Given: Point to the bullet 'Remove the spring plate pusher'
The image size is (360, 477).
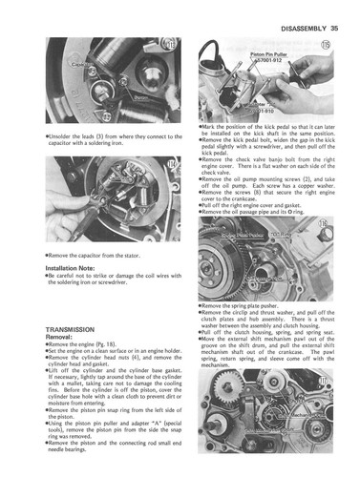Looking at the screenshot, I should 244,306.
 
